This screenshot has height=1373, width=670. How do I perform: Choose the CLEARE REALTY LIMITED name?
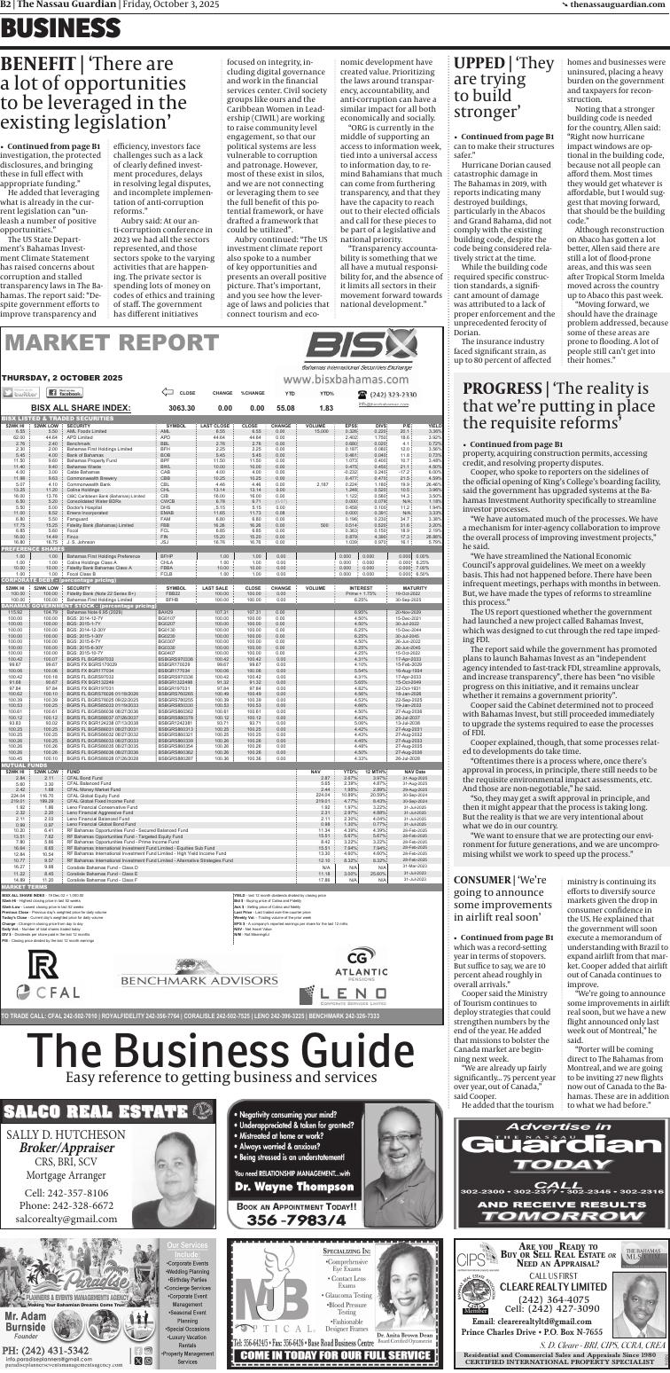(553, 1310)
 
